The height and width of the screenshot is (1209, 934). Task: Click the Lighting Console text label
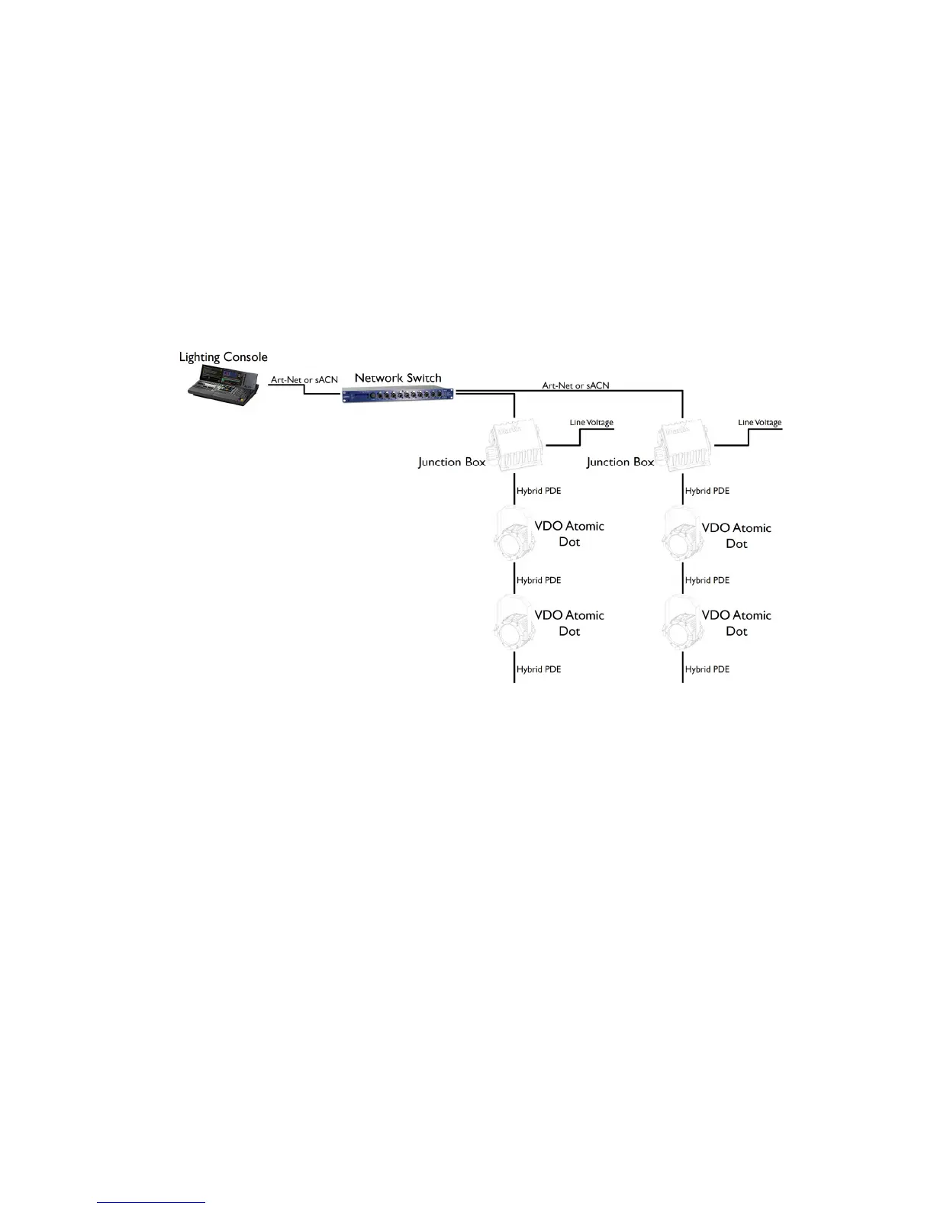pyautogui.click(x=223, y=357)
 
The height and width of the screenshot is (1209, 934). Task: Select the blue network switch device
pyautogui.click(x=398, y=395)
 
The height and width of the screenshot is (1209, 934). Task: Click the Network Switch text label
pyautogui.click(x=398, y=378)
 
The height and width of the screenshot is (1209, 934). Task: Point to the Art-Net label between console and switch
pyautogui.click(x=304, y=380)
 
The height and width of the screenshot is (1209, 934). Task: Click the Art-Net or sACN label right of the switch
pyautogui.click(x=575, y=385)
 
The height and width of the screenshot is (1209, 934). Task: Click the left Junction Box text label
pyautogui.click(x=452, y=462)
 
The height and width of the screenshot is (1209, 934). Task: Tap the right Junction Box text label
pyautogui.click(x=620, y=462)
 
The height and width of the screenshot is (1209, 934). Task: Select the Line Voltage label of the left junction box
pyautogui.click(x=591, y=422)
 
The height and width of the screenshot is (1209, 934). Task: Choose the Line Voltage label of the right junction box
pyautogui.click(x=759, y=422)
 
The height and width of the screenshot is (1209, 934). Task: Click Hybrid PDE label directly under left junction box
pyautogui.click(x=539, y=491)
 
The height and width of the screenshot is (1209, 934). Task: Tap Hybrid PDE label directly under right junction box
pyautogui.click(x=707, y=491)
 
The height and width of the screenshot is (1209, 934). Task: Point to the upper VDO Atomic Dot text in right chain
pyautogui.click(x=736, y=535)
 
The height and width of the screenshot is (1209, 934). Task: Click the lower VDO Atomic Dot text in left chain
pyautogui.click(x=569, y=623)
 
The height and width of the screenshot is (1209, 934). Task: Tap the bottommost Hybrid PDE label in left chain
pyautogui.click(x=539, y=669)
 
